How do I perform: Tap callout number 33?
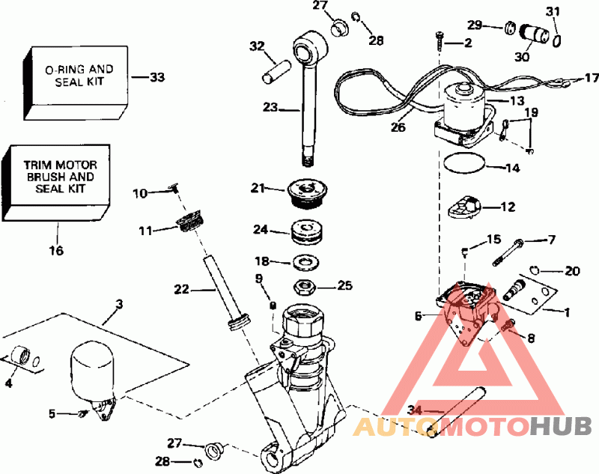click(x=157, y=76)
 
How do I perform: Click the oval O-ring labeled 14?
click(x=463, y=163)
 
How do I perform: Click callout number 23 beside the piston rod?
click(x=270, y=108)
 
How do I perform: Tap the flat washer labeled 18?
click(x=305, y=261)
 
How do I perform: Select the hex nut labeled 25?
click(x=305, y=285)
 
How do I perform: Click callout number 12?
click(x=508, y=205)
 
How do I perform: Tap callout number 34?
click(x=415, y=410)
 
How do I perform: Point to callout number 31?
click(x=553, y=11)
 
